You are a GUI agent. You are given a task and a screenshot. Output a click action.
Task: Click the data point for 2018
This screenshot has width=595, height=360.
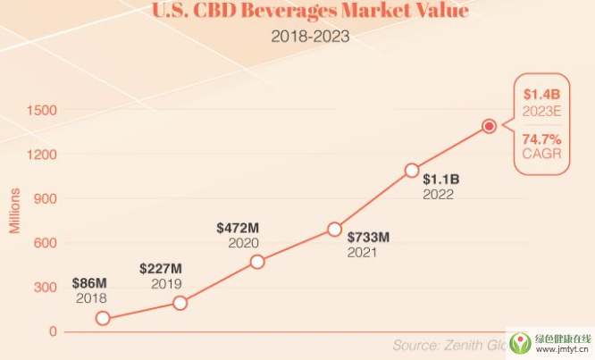(x=104, y=318)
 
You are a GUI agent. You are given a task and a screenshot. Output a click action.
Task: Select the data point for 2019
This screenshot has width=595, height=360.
(x=180, y=303)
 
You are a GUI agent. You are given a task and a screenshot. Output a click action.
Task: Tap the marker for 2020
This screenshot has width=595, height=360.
(x=257, y=262)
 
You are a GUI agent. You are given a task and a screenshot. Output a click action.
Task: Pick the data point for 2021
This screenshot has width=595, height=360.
(x=334, y=230)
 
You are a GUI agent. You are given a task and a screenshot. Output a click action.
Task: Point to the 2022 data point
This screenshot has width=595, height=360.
(x=412, y=170)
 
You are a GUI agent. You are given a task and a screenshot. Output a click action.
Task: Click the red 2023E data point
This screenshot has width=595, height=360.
(x=489, y=126)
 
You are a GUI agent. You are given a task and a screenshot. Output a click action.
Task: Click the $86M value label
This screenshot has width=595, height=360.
(x=90, y=283)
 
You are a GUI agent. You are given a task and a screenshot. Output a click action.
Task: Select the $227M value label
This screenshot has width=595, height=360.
(x=161, y=269)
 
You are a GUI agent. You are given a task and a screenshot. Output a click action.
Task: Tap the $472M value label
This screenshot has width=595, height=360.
(x=237, y=228)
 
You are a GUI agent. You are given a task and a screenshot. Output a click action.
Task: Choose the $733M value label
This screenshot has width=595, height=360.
(x=369, y=238)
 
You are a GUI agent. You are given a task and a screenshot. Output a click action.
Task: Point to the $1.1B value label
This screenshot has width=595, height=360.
(x=440, y=179)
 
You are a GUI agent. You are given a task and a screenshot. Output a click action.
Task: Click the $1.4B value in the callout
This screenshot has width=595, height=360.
(x=541, y=94)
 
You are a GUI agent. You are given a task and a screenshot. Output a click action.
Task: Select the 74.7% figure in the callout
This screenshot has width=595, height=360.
(x=541, y=139)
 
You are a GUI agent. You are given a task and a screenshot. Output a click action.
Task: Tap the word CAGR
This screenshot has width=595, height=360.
(x=541, y=155)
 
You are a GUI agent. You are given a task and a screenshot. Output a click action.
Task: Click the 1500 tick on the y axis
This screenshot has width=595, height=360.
(x=41, y=111)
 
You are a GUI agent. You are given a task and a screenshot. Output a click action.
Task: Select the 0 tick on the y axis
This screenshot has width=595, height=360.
(x=53, y=331)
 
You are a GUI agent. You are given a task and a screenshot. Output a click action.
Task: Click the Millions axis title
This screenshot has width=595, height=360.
(x=14, y=209)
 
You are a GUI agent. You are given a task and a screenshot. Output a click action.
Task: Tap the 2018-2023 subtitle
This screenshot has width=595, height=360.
(x=310, y=38)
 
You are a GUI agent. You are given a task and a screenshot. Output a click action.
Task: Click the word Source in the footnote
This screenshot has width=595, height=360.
(x=420, y=345)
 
